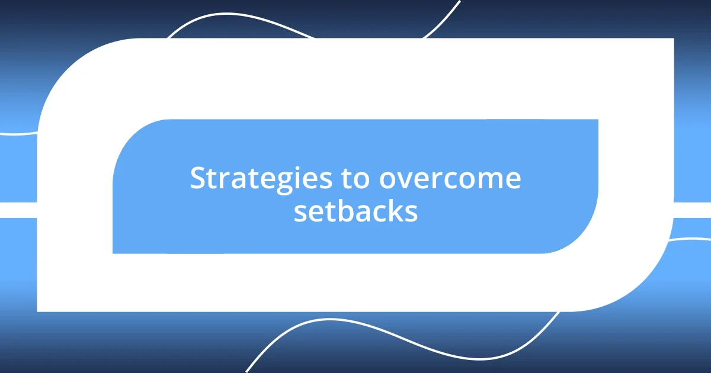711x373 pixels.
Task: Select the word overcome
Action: click(x=450, y=179)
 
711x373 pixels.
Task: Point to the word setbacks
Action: click(x=355, y=212)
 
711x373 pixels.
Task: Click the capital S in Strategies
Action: click(x=197, y=179)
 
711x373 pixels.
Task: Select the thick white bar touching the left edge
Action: click(x=18, y=210)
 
